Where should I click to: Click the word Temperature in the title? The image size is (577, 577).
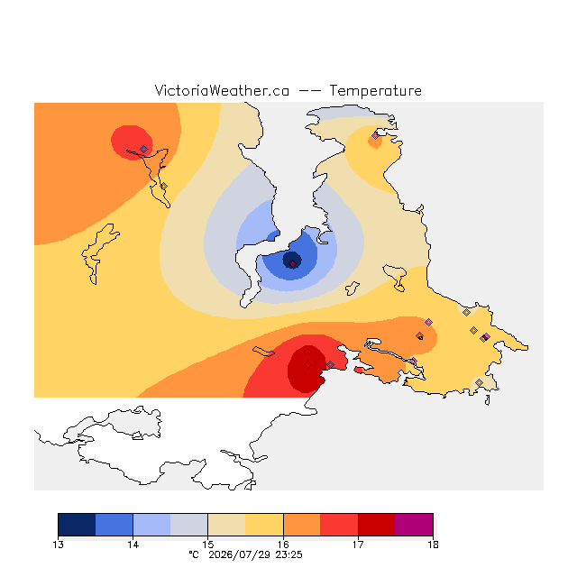(375, 91)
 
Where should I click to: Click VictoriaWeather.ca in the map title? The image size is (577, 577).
(222, 91)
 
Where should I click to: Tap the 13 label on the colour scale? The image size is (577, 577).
(58, 545)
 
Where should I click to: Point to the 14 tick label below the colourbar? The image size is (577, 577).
(133, 545)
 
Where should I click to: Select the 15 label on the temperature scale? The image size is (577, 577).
(208, 545)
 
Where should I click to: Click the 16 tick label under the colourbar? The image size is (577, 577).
(283, 545)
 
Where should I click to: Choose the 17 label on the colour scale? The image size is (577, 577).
(358, 545)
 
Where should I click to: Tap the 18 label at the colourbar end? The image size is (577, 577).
(433, 545)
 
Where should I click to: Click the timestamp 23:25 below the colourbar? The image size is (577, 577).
(288, 555)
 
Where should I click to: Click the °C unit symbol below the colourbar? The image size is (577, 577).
(194, 554)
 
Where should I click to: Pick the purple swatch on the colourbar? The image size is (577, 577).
(414, 525)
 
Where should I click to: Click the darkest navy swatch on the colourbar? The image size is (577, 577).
(77, 525)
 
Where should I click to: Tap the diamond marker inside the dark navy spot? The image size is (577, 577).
(292, 263)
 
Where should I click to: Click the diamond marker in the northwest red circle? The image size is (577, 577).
(144, 149)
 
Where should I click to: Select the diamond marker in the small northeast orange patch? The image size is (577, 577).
(375, 136)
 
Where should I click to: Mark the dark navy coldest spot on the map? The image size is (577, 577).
(292, 261)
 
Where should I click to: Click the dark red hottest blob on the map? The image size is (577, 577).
(307, 369)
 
